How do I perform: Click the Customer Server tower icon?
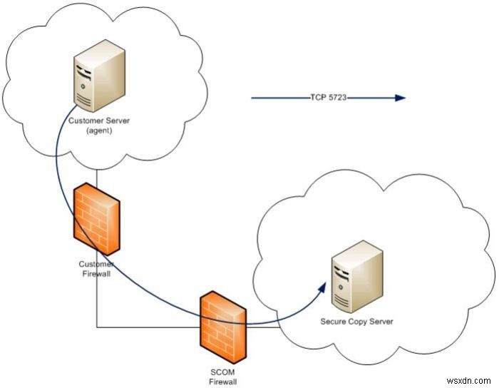pos(99,76)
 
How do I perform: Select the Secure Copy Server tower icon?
pos(357,277)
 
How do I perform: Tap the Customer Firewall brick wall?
pos(96,219)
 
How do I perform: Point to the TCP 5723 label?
pos(328,98)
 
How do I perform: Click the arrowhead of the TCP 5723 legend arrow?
pos(400,98)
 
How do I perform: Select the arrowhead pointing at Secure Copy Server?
pos(322,288)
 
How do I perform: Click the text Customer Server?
pos(99,121)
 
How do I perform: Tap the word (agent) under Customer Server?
pos(99,131)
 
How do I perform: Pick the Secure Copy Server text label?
pos(356,322)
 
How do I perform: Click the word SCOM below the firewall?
pos(222,372)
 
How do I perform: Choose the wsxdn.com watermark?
pos(468,380)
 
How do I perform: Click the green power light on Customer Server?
pos(83,86)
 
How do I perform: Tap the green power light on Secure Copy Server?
pos(341,287)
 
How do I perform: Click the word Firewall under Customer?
pos(96,274)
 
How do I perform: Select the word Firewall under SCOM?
pos(222,382)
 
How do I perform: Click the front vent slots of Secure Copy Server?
pos(341,302)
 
